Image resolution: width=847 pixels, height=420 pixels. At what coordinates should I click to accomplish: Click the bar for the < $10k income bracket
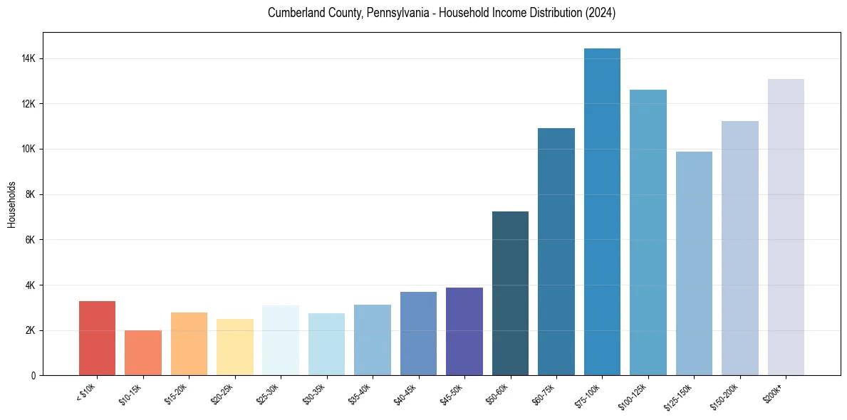point(97,338)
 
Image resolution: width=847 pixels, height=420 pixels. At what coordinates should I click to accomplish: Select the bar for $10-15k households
point(143,352)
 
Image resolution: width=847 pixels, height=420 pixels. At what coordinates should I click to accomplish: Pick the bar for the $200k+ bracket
point(786,227)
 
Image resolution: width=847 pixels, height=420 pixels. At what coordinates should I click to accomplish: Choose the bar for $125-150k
point(694,263)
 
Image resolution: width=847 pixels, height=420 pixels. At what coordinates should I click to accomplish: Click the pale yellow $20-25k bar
point(235,347)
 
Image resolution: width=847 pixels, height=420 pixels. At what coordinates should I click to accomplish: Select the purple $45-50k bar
point(464,331)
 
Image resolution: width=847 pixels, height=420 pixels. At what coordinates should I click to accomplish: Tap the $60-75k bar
point(556,252)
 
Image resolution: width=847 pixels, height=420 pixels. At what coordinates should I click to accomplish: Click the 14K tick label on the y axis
point(29,58)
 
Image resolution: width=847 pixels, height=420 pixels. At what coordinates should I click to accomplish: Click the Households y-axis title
point(12,204)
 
